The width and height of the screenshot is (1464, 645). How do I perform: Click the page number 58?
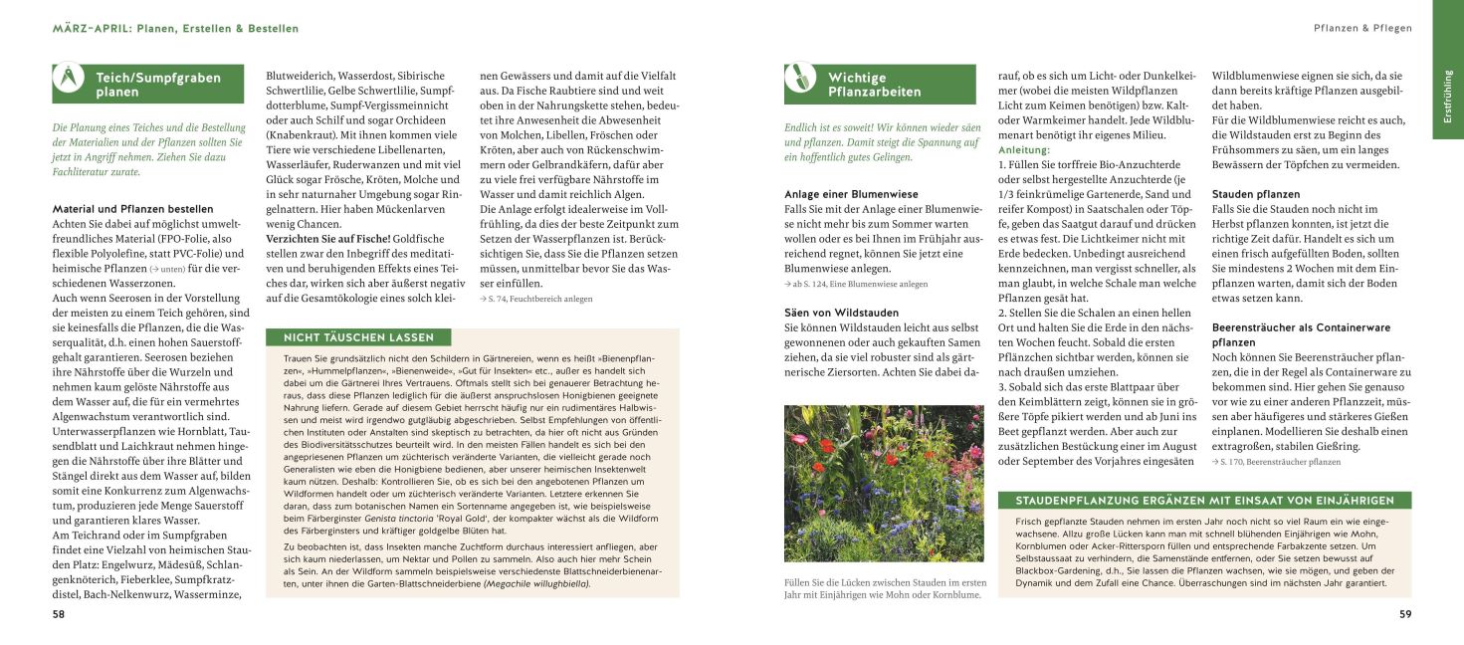(x=59, y=614)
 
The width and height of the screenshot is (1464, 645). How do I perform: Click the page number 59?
(x=1404, y=614)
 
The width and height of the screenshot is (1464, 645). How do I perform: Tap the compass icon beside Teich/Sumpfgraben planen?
(x=69, y=79)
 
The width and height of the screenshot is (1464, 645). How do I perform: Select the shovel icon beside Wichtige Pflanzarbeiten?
(x=799, y=78)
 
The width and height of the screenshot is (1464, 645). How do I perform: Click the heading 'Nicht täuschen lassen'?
(x=357, y=337)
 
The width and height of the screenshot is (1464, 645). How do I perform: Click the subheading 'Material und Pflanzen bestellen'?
(x=132, y=209)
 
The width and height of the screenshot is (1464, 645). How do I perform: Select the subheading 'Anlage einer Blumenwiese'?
(x=851, y=194)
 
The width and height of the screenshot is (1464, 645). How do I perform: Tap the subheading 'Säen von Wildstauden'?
(x=841, y=313)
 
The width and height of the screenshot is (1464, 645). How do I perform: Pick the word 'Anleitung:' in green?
(x=1024, y=149)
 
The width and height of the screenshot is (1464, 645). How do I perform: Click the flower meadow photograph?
(x=885, y=483)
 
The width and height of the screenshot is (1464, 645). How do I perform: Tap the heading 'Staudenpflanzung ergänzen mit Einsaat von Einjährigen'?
(x=1203, y=501)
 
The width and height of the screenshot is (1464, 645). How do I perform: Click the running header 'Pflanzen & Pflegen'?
(x=1362, y=29)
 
